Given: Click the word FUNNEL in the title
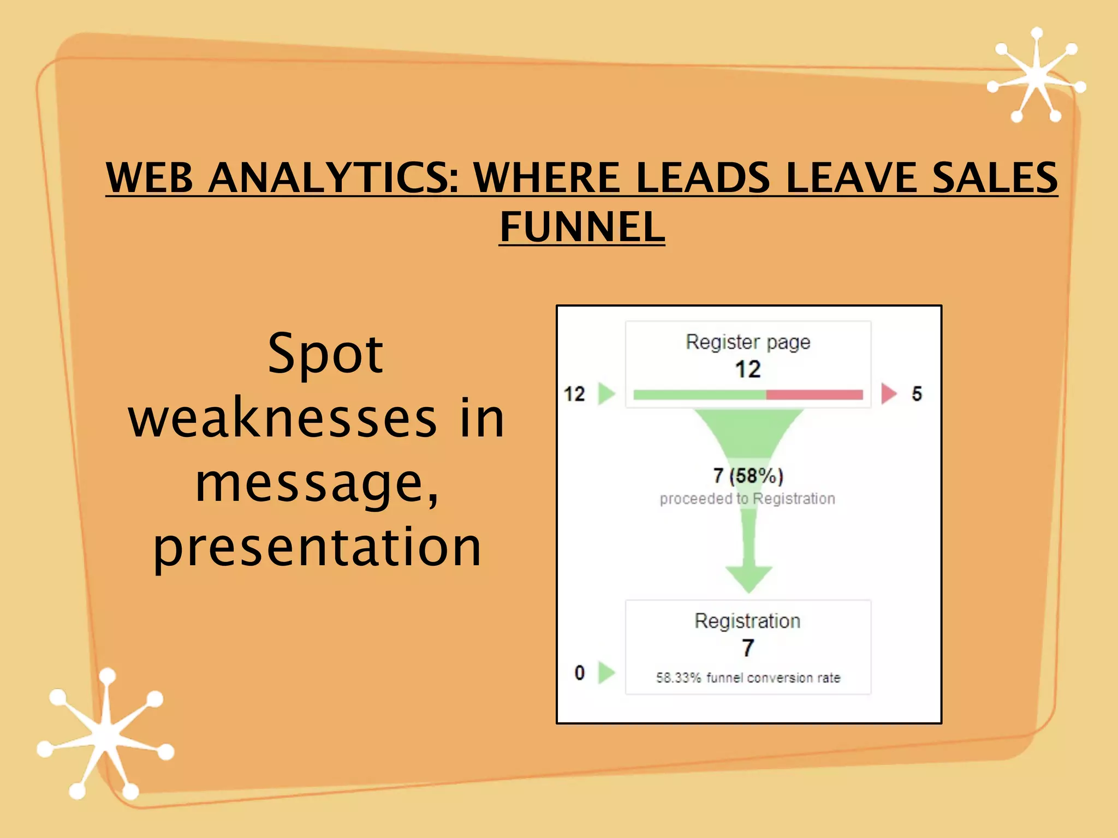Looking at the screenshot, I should click(x=582, y=227).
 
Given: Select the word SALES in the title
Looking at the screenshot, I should click(x=995, y=177).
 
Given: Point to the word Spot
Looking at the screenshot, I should click(x=326, y=355).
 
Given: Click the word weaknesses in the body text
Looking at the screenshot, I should click(x=282, y=419).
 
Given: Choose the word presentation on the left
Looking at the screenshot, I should click(x=317, y=547).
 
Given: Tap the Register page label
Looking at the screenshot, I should click(x=748, y=342).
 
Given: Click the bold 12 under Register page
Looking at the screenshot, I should click(x=748, y=369).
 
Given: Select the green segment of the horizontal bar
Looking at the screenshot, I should click(x=700, y=394).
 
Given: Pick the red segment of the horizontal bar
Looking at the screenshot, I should click(x=814, y=394).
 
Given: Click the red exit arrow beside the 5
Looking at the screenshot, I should click(x=889, y=393).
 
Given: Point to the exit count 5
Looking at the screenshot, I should click(x=917, y=394).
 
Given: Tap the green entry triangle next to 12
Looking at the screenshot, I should click(x=606, y=393).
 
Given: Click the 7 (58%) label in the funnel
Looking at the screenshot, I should click(x=748, y=476).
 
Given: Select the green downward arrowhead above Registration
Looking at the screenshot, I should click(x=748, y=579).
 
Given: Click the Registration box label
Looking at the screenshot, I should click(x=747, y=621).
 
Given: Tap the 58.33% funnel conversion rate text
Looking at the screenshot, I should click(x=748, y=678).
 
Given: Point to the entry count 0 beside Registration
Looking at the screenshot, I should click(x=580, y=673).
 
